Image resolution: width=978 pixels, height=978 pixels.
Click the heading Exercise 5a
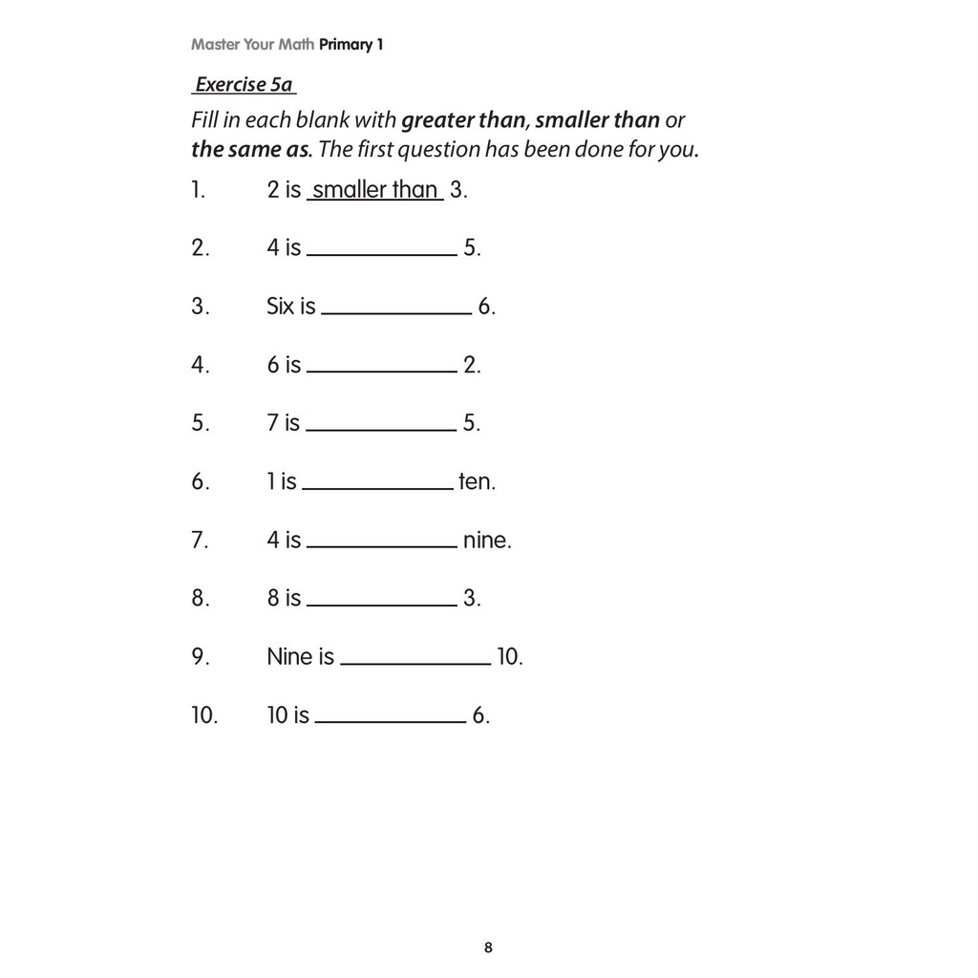click(x=244, y=85)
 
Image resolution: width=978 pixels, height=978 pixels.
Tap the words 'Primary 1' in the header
click(x=352, y=45)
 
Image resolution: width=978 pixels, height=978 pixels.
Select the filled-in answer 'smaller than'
click(x=374, y=190)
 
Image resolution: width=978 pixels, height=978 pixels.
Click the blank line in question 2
click(x=382, y=254)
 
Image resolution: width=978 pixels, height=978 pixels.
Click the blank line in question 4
click(x=382, y=371)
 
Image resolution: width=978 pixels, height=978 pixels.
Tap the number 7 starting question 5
click(x=273, y=423)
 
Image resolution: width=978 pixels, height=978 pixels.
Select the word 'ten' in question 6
click(x=476, y=482)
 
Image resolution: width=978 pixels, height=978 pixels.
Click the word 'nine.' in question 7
click(x=487, y=541)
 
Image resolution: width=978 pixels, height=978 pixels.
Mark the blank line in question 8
click(x=382, y=605)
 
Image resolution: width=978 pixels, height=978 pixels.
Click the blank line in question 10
click(x=391, y=721)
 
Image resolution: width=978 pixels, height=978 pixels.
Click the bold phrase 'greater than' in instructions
click(x=464, y=121)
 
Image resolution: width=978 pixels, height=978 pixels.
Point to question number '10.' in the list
click(x=204, y=716)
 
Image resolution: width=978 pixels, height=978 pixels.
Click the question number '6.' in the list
click(x=200, y=482)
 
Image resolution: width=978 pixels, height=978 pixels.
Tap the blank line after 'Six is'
click(x=397, y=312)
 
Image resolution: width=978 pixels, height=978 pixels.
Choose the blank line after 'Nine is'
click(x=415, y=663)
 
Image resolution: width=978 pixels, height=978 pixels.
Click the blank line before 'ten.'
click(x=378, y=488)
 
